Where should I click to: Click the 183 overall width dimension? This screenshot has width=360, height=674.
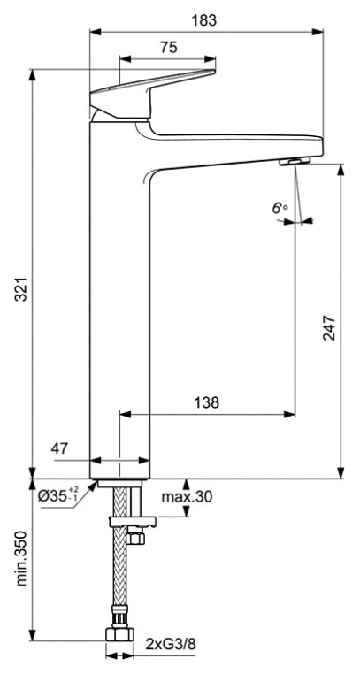coord(204,20)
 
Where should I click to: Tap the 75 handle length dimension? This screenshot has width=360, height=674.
coord(169,48)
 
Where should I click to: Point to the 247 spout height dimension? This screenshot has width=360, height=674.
coord(329,327)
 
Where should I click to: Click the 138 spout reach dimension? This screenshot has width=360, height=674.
coord(207,402)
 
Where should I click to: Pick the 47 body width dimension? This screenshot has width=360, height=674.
coord(60,448)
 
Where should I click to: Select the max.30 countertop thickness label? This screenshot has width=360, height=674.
coord(187,497)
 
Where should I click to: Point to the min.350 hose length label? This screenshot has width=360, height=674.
coord(21,560)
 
